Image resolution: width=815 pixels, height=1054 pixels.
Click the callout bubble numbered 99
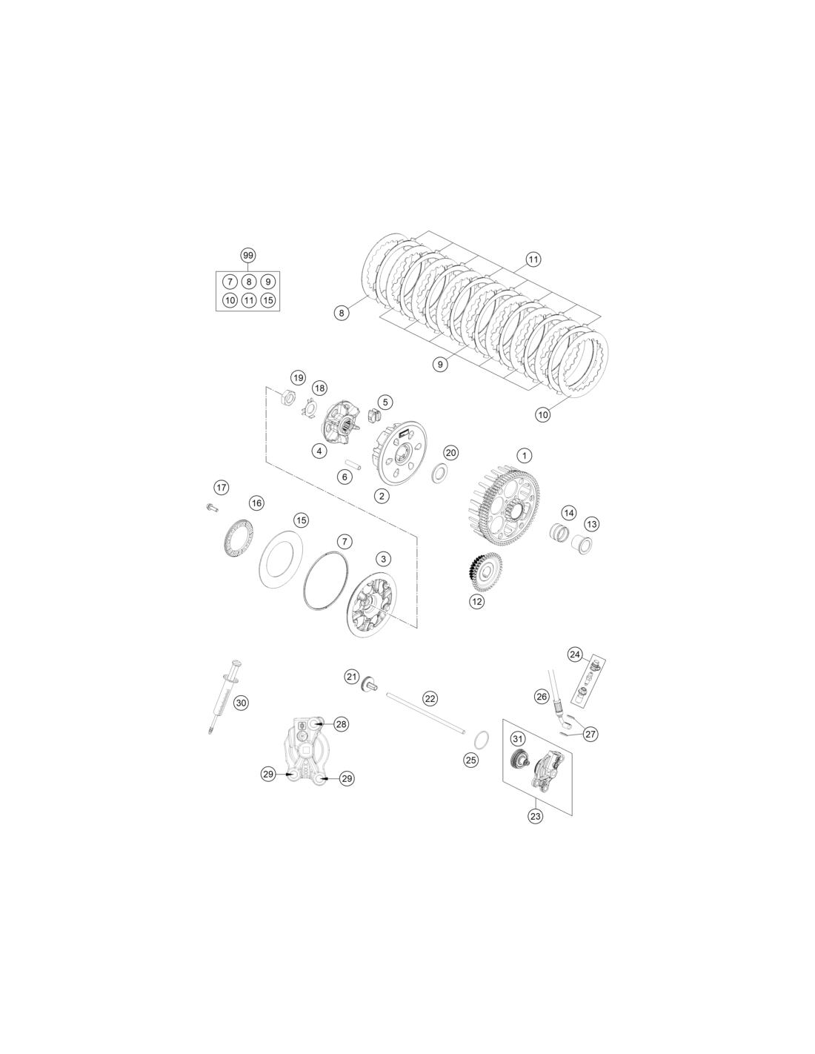(247, 255)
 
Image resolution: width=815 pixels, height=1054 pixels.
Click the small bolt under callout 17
(211, 507)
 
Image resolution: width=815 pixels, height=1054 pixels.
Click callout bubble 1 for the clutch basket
(524, 455)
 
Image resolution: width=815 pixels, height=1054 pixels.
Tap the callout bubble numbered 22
(430, 698)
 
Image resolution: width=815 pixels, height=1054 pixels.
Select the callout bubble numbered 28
(342, 724)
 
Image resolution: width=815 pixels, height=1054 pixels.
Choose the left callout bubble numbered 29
(268, 774)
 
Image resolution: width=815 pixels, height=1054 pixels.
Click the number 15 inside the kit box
(267, 300)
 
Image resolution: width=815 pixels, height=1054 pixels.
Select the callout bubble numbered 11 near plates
(533, 259)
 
